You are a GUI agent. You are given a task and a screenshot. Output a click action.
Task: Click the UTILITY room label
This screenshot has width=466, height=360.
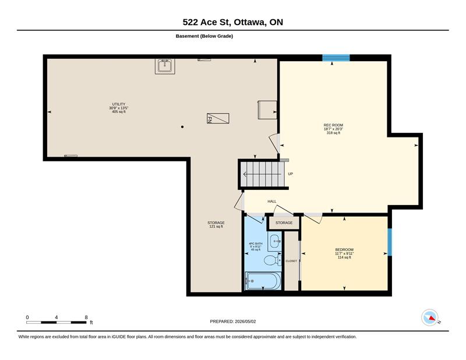pyautogui.click(x=119, y=104)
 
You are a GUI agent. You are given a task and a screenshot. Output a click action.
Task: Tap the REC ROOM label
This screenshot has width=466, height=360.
pyautogui.click(x=333, y=125)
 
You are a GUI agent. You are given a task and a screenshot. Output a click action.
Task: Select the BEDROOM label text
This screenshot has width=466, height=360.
pyautogui.click(x=344, y=250)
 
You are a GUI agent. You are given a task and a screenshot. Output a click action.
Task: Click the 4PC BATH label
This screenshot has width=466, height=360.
pyautogui.click(x=256, y=243)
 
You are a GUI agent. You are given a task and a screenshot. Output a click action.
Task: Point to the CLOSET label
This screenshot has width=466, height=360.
pyautogui.click(x=291, y=261)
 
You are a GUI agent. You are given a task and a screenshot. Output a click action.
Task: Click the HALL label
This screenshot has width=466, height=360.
pyautogui.click(x=271, y=201)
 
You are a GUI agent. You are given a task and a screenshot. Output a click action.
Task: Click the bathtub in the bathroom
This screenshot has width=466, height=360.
pyautogui.click(x=263, y=281)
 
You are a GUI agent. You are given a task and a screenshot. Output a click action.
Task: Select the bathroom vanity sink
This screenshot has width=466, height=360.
pyautogui.click(x=274, y=241)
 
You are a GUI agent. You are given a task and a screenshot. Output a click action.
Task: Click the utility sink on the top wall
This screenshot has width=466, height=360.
pyautogui.click(x=165, y=66)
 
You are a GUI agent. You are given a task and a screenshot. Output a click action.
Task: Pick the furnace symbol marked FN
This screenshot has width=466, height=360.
pyautogui.click(x=218, y=118)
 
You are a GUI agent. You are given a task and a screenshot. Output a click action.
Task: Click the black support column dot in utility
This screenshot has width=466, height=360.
pyautogui.click(x=182, y=127)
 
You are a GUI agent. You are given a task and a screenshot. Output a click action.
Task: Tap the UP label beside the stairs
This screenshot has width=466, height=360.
pyautogui.click(x=290, y=174)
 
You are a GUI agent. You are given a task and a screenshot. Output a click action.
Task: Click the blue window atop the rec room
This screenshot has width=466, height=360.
pyautogui.click(x=336, y=58)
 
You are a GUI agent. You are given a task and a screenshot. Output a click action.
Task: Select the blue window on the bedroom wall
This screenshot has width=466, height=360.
pyautogui.click(x=390, y=242)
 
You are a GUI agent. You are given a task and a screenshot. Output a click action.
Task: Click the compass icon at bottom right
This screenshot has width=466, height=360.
pyautogui.click(x=430, y=317)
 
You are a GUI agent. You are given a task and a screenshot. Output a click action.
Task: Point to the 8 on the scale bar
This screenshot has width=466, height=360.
pyautogui.click(x=86, y=317)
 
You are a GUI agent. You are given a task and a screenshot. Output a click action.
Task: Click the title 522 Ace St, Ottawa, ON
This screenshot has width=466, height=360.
pyautogui.click(x=232, y=22)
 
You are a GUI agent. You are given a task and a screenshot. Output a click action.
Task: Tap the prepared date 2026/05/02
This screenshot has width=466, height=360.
pyautogui.click(x=245, y=322)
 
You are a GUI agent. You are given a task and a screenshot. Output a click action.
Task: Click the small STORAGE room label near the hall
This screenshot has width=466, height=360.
pyautogui.click(x=284, y=223)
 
